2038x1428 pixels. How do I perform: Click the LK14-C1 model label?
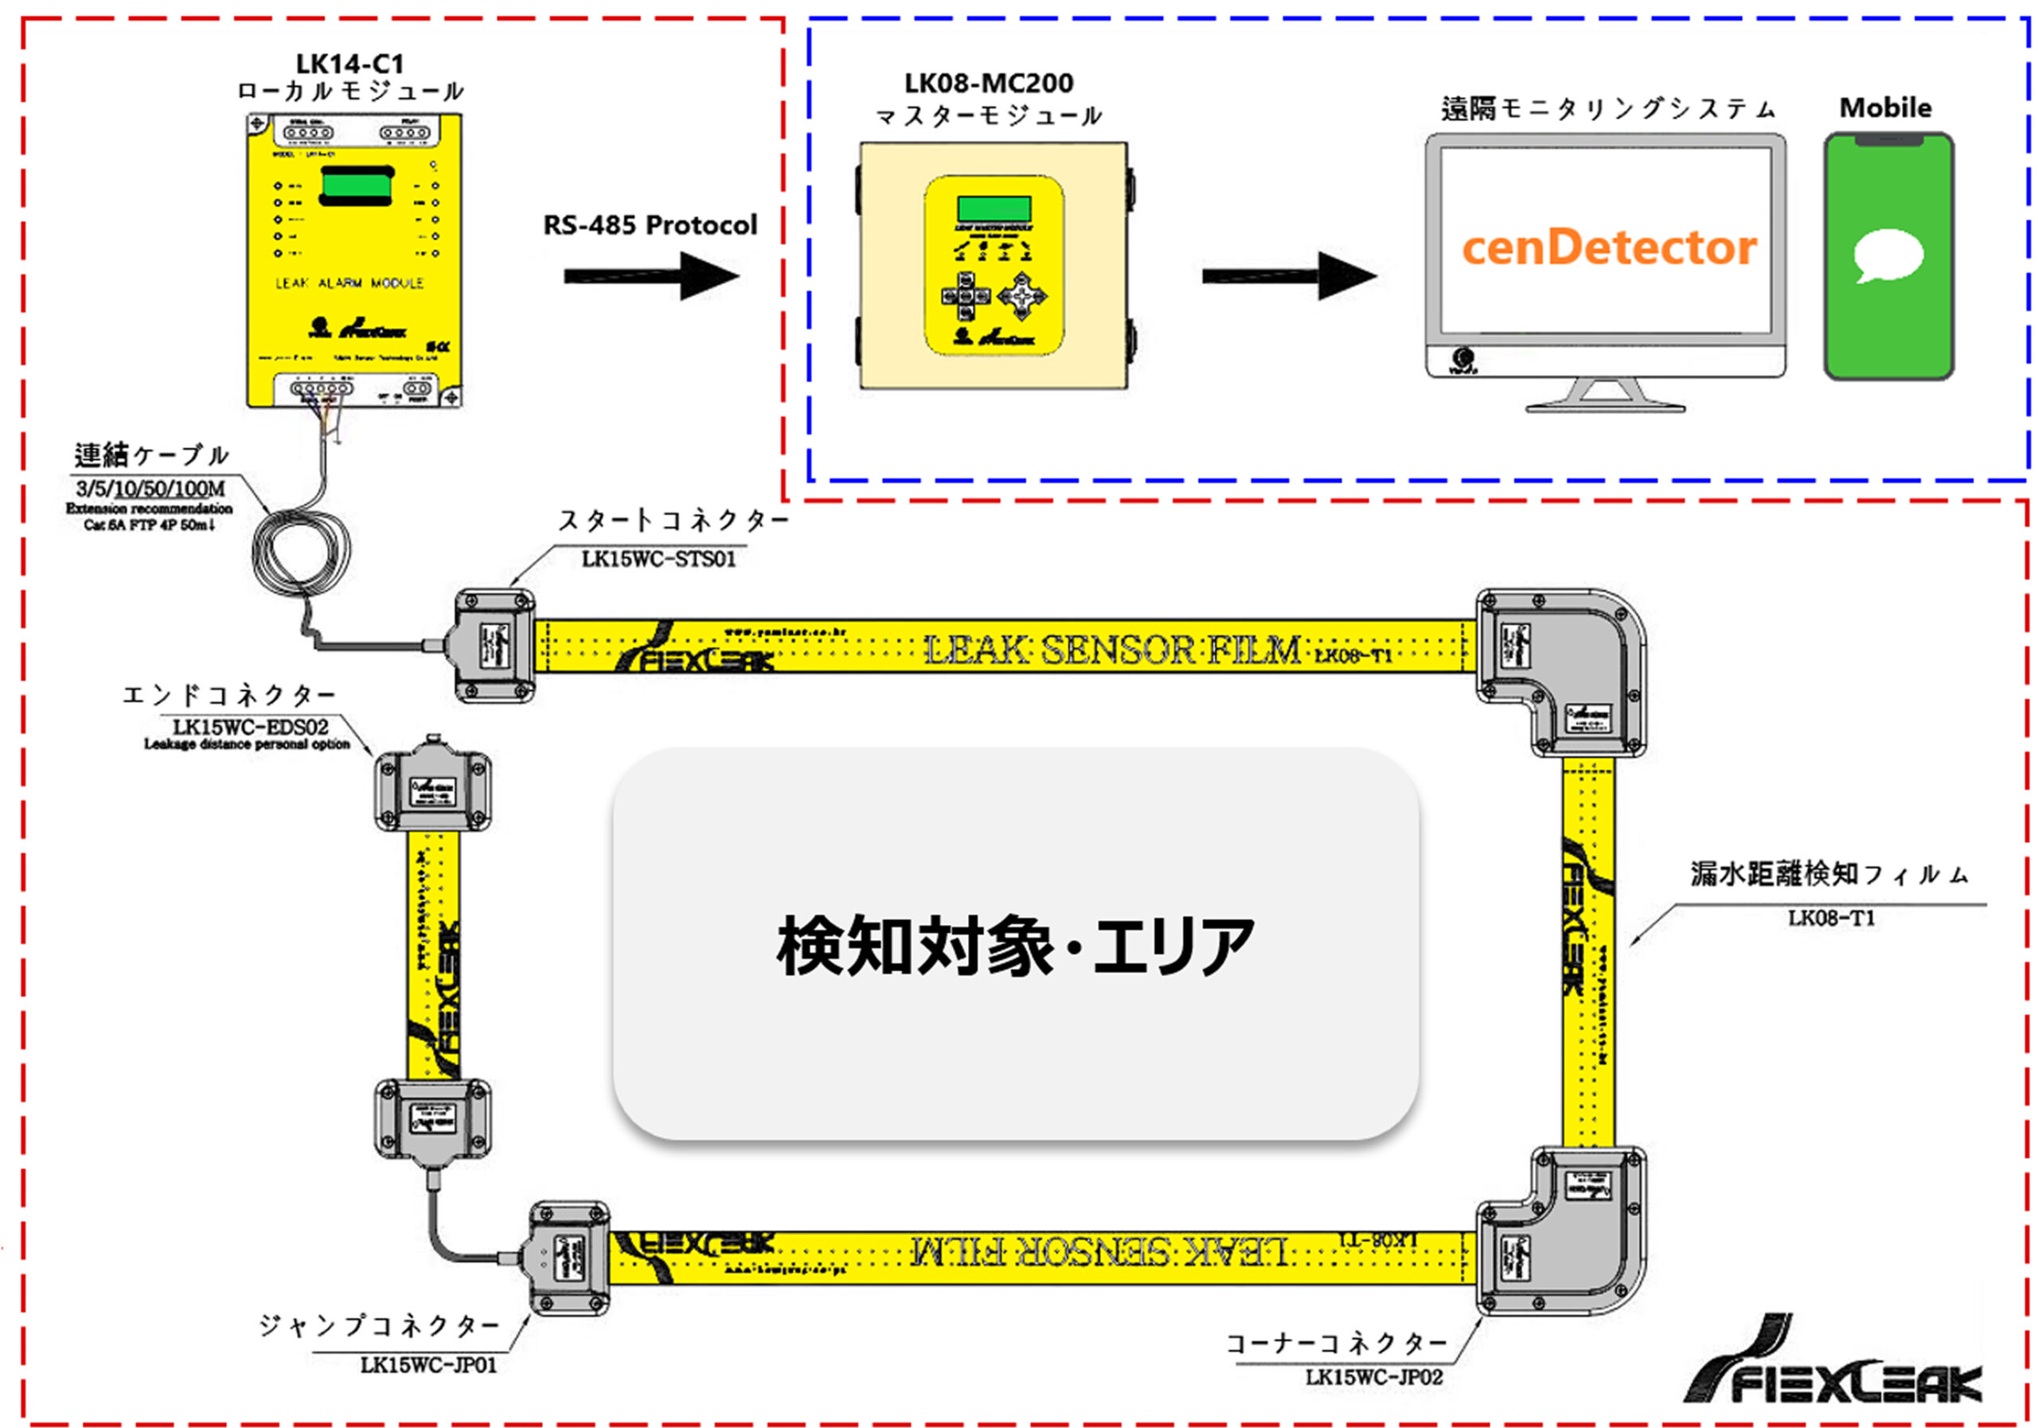[x=349, y=64]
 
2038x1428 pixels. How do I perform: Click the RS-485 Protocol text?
[x=650, y=225]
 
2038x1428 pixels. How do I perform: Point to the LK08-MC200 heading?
[x=989, y=84]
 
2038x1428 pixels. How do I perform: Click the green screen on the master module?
[x=994, y=209]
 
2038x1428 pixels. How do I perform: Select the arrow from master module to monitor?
[x=1288, y=276]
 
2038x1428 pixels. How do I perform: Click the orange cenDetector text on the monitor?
[x=1608, y=248]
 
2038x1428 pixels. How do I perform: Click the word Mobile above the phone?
[x=1885, y=108]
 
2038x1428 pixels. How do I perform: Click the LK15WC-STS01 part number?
[x=658, y=559]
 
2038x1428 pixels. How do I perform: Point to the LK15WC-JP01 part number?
[x=429, y=1365]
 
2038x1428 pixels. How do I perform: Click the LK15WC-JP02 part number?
[x=1374, y=1377]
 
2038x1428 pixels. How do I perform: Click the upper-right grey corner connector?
[x=1561, y=672]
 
